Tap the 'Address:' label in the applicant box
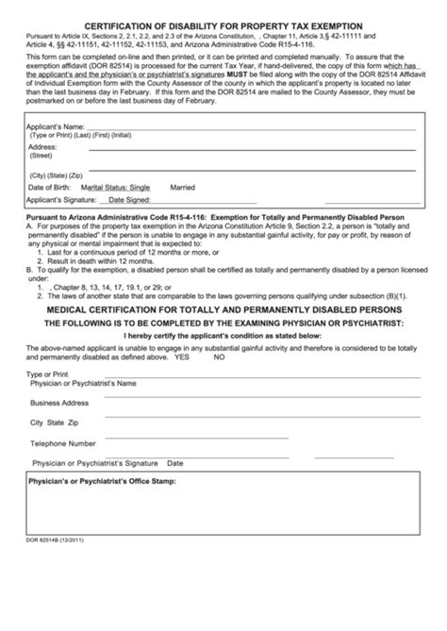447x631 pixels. (x=42, y=148)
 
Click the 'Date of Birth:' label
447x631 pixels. (x=54, y=188)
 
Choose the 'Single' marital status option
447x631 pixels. (x=166, y=188)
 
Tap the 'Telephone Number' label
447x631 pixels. (x=62, y=442)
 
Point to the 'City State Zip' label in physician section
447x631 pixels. (x=54, y=423)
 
